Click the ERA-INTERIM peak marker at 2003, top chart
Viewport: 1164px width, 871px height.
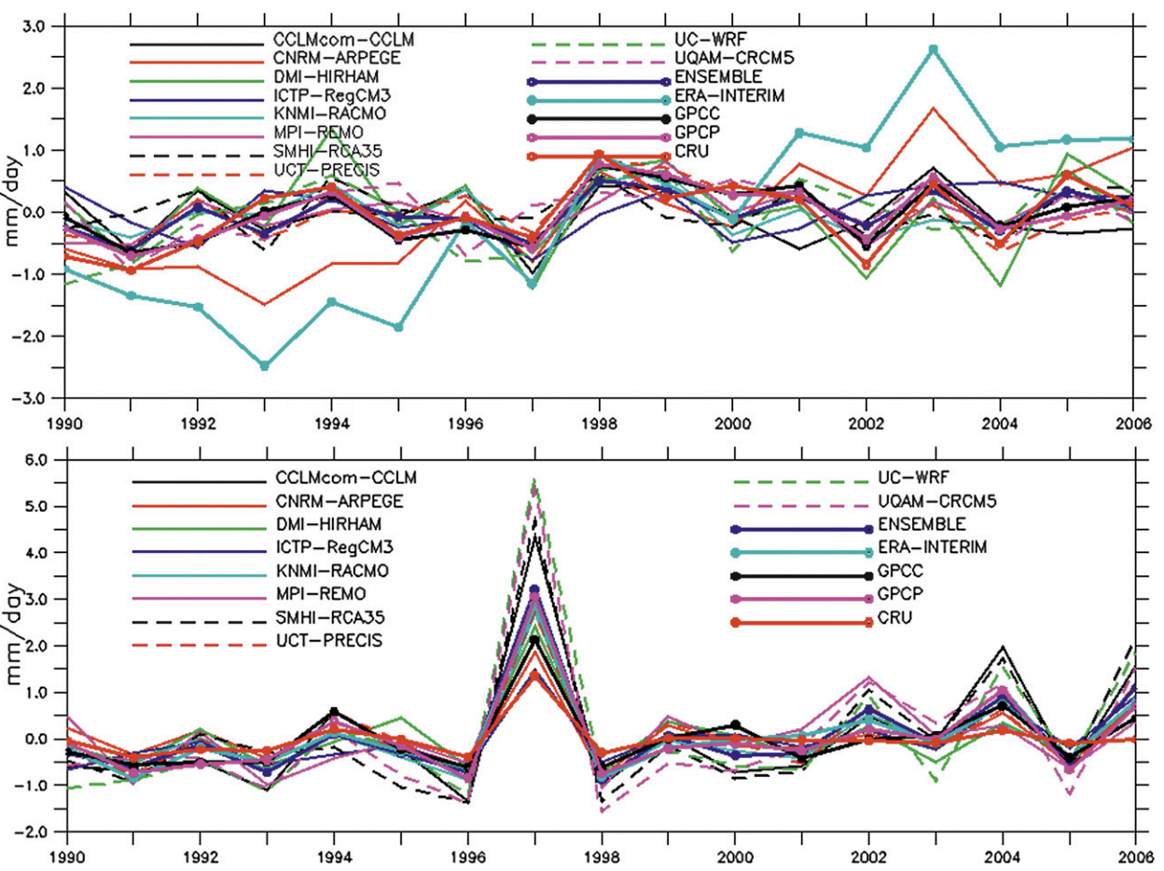click(x=934, y=49)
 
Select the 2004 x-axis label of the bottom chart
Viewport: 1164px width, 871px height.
click(x=1001, y=851)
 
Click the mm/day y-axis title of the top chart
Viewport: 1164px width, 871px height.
click(x=16, y=213)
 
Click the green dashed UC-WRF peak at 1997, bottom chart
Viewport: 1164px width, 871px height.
click(x=533, y=480)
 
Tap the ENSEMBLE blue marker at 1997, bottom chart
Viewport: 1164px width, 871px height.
click(x=533, y=590)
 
